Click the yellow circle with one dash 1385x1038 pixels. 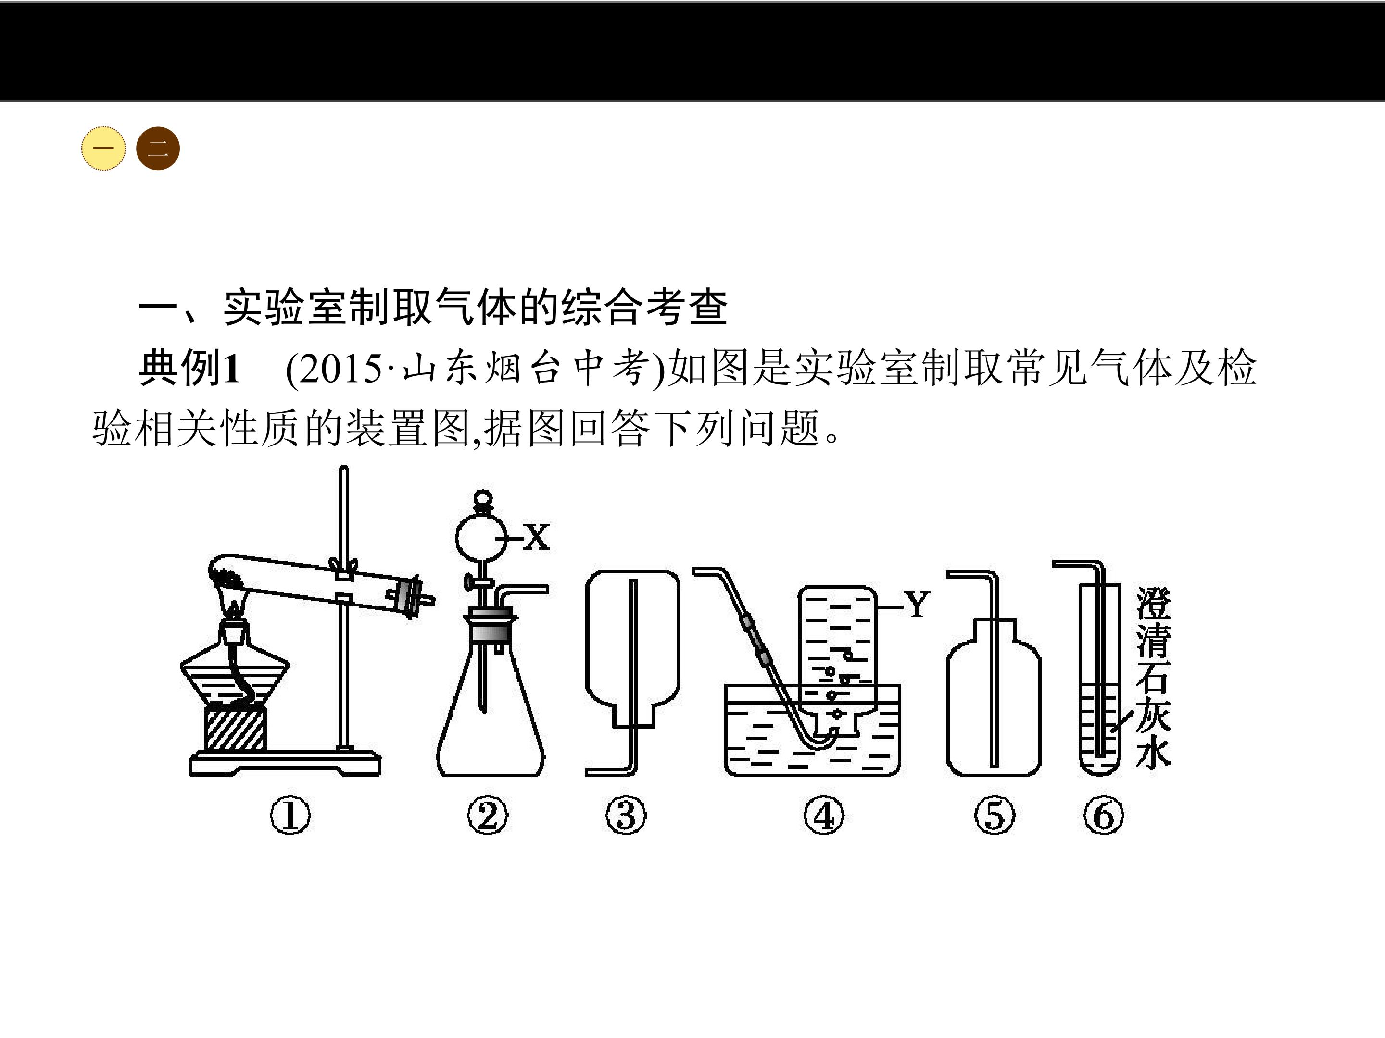[103, 149]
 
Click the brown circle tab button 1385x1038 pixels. [158, 149]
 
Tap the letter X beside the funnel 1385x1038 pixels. [537, 537]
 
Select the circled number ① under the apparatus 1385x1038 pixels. [290, 816]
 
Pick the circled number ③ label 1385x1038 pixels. [626, 816]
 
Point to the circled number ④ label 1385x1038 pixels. [824, 816]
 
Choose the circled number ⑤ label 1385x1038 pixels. [995, 816]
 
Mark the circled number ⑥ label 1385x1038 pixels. [1104, 816]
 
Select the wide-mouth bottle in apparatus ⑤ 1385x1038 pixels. [994, 698]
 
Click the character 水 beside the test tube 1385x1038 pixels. [1153, 750]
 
